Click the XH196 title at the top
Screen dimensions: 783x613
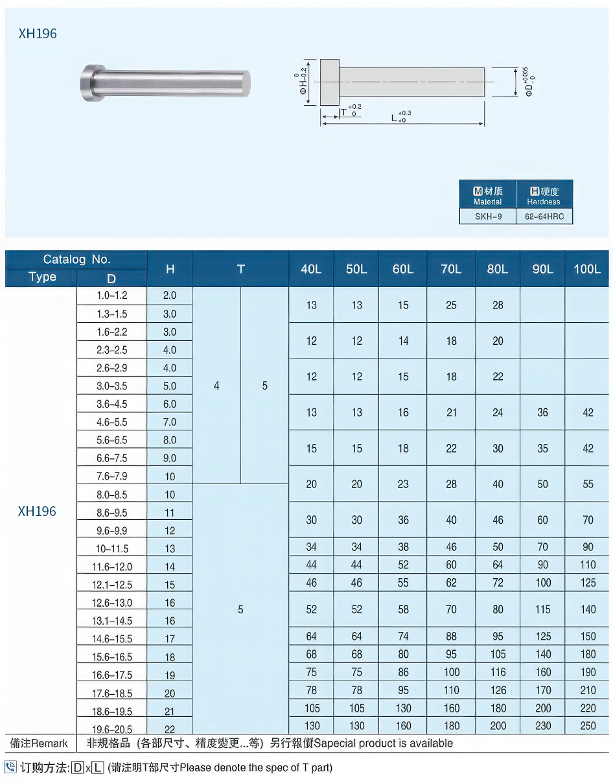pyautogui.click(x=38, y=34)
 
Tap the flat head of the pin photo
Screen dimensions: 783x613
pyautogui.click(x=89, y=83)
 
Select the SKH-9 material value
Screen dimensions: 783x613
pyautogui.click(x=488, y=216)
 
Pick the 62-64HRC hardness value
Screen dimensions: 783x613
pyautogui.click(x=544, y=216)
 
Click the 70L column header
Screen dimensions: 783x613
pyautogui.click(x=451, y=269)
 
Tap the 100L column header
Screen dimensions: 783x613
pyautogui.click(x=587, y=269)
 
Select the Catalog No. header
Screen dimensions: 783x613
pyautogui.click(x=76, y=259)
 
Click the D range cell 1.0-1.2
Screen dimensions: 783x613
pyautogui.click(x=111, y=296)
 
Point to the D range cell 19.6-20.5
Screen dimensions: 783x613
pyautogui.click(x=111, y=729)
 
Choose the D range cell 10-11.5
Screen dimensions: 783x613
pyautogui.click(x=111, y=548)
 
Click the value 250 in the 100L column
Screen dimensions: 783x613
pyautogui.click(x=588, y=726)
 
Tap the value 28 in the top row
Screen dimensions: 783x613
pyautogui.click(x=498, y=305)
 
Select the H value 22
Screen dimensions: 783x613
pyautogui.click(x=170, y=729)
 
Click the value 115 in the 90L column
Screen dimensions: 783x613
pyautogui.click(x=543, y=609)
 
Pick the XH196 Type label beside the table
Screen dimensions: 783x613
pyautogui.click(x=37, y=511)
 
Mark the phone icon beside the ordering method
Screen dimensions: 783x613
pyautogui.click(x=10, y=767)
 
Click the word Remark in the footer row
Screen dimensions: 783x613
pyautogui.click(x=49, y=743)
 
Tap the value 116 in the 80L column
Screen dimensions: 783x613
pyautogui.click(x=498, y=672)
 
